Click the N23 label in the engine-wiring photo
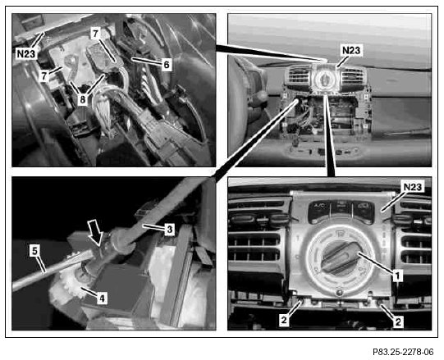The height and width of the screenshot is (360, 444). point(26,53)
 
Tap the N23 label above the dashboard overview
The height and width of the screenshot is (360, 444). point(351,50)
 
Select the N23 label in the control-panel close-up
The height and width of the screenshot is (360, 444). point(413,187)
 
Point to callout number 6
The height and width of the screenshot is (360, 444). point(167,65)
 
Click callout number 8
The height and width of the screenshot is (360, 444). point(82,99)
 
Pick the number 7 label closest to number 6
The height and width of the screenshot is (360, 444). point(95,34)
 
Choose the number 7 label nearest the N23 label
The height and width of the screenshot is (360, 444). point(43,76)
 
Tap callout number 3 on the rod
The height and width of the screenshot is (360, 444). point(170,229)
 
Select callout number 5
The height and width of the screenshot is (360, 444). point(34,251)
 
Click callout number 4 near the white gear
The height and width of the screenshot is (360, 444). point(102,298)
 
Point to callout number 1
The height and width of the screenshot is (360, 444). point(397,275)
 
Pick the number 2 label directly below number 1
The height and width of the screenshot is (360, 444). point(398,321)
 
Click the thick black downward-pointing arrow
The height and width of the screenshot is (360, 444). point(95,233)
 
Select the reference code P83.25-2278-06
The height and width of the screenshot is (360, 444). point(403,352)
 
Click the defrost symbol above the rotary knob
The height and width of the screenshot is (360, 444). point(339,233)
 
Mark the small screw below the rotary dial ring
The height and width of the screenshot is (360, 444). point(339,293)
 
